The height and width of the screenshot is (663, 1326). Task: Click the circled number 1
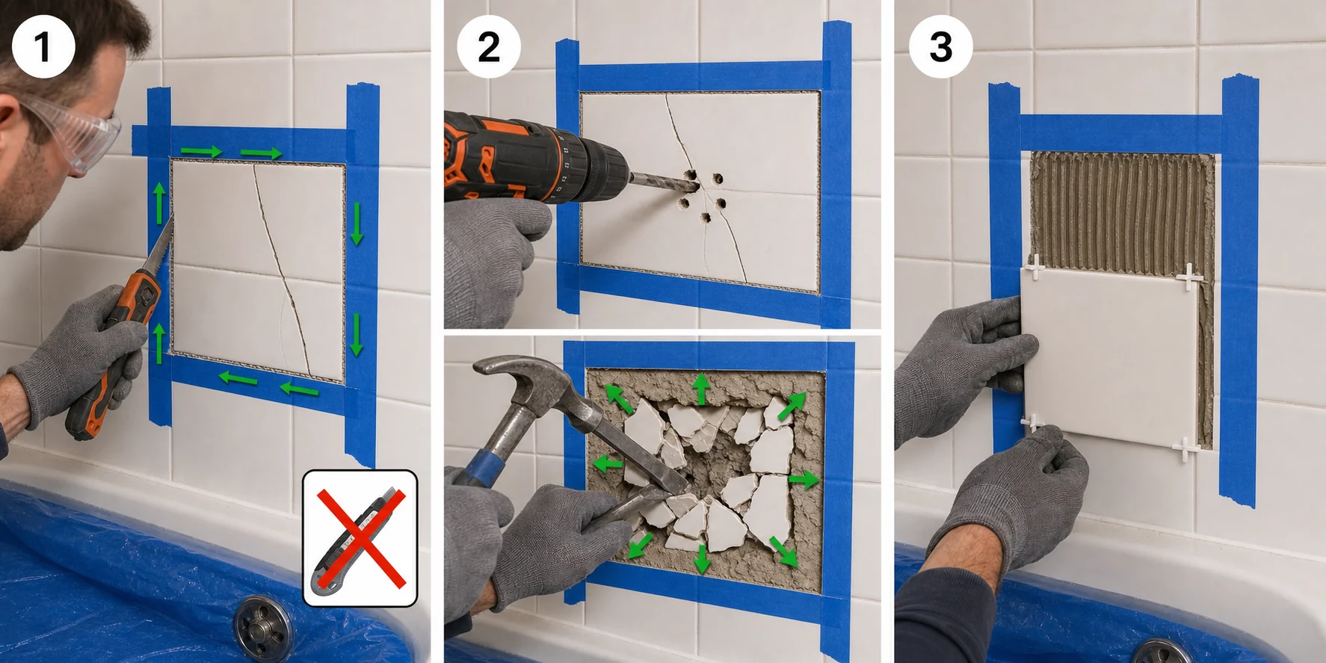coord(43,46)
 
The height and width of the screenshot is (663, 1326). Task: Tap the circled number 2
coord(489,47)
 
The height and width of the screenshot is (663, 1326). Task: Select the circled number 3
coord(940,46)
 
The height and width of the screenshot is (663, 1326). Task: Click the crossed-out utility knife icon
coord(360,537)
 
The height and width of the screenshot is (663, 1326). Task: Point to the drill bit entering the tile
coord(662,179)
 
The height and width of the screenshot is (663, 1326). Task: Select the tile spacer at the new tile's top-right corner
coord(1188,277)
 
